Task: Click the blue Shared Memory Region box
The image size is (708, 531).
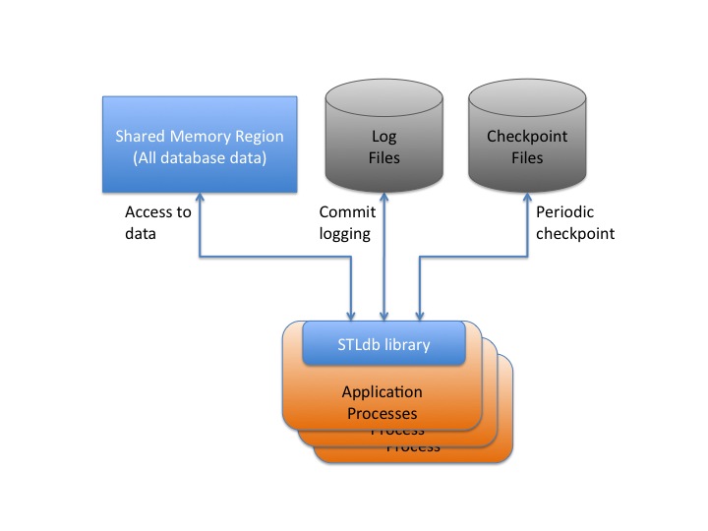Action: (200, 144)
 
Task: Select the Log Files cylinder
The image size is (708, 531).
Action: (383, 138)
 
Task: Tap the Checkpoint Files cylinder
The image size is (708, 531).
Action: (527, 138)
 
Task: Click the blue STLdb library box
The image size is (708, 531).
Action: (383, 344)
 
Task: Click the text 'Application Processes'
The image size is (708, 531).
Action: (383, 402)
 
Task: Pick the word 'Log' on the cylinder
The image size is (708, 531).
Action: (383, 137)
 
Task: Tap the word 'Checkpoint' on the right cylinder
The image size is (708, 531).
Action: (527, 137)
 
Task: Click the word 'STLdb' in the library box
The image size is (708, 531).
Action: (358, 344)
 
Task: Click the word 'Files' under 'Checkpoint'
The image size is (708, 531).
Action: (527, 157)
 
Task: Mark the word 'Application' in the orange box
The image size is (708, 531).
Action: (383, 392)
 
